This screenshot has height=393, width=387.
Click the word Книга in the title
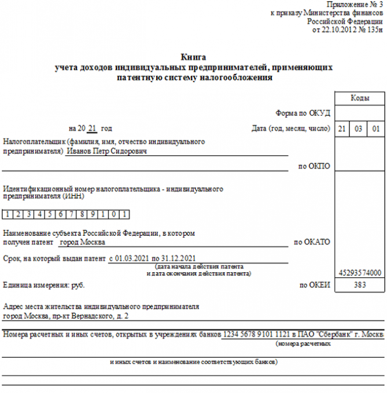tap(193, 57)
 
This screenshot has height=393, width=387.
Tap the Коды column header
tap(360, 99)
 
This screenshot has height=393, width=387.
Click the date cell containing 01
tap(376, 128)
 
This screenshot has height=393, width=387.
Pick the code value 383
tap(360, 286)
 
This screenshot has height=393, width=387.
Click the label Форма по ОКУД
tap(304, 113)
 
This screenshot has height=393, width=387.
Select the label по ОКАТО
tap(312, 242)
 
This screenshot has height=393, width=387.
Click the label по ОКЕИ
tap(313, 286)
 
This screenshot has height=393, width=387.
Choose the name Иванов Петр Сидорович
tap(106, 151)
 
